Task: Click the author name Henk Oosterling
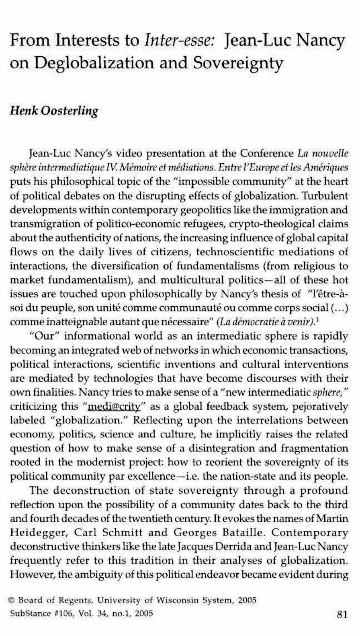coord(54,111)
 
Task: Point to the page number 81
coord(342,614)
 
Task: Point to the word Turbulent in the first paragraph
coord(325,196)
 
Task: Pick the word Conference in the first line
coord(267,154)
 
